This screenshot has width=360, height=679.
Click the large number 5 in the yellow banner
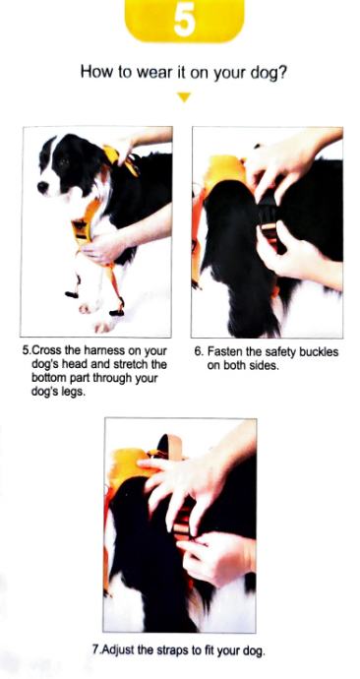[184, 22]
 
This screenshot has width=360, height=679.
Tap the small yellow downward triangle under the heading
[184, 97]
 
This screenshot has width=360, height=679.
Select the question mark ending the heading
[282, 72]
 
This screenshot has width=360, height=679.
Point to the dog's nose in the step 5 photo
[42, 188]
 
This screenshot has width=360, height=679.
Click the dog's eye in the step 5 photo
[65, 162]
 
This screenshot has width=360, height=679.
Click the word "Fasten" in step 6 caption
[223, 351]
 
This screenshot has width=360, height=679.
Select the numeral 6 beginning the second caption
[198, 351]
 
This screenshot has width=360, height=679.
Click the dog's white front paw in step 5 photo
[90, 307]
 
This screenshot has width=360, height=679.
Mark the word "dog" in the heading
[265, 72]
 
